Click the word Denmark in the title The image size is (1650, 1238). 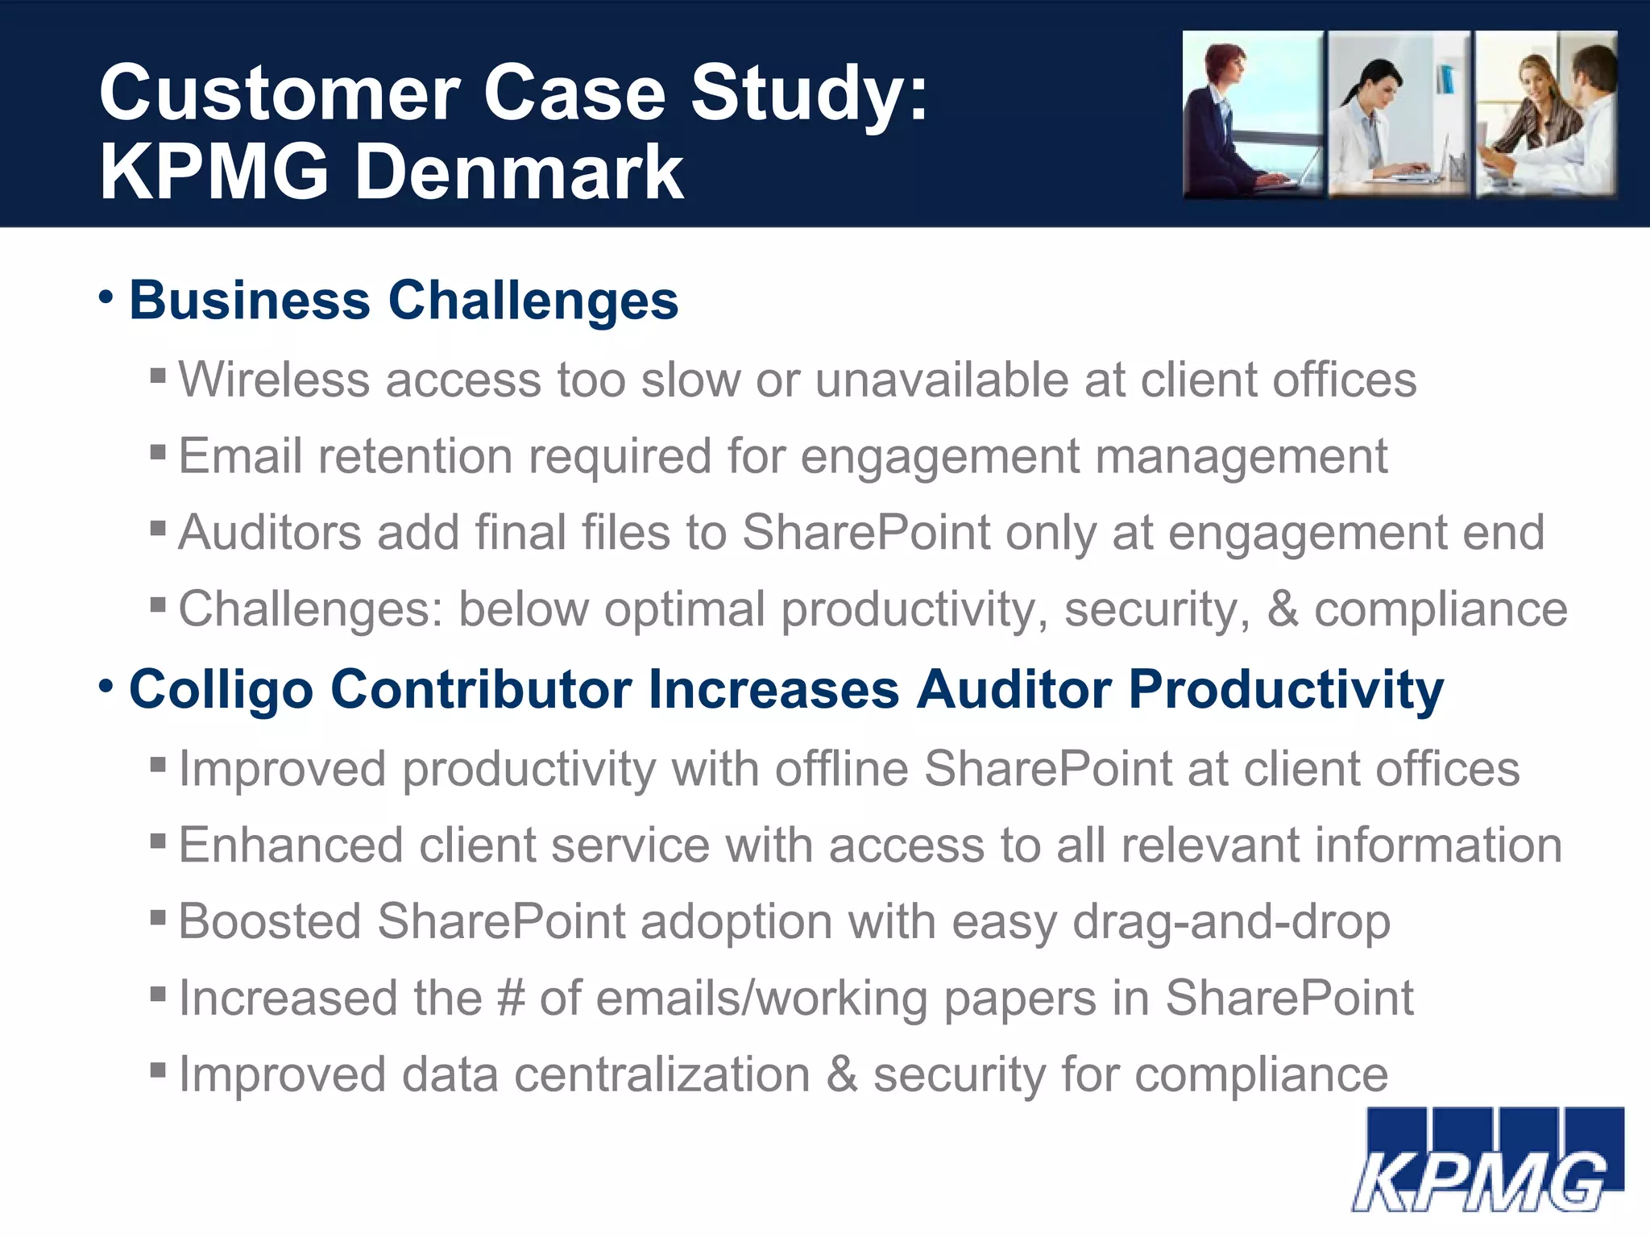point(520,172)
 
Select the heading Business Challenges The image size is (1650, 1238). point(403,301)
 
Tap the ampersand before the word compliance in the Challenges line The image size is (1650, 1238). point(1283,609)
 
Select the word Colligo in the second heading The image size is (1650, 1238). point(221,691)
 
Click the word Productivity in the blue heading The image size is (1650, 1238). point(1286,691)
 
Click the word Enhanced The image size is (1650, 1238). point(291,845)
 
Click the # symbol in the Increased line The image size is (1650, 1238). point(511,998)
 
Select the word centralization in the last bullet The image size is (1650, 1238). point(661,1074)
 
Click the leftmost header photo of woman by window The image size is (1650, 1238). point(1253,114)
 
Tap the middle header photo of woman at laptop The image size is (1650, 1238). point(1399,114)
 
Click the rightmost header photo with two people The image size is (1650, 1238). point(1546,114)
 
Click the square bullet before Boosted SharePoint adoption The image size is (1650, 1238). point(158,917)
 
